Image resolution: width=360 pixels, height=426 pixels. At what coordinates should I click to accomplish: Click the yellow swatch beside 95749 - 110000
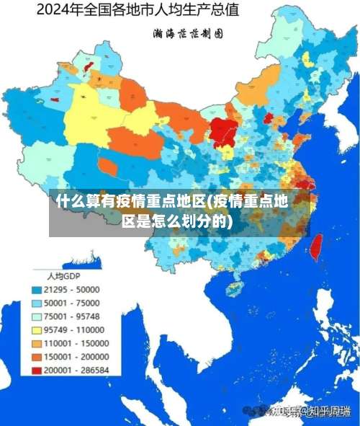(36, 329)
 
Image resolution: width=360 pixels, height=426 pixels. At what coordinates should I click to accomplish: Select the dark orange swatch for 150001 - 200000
(36, 356)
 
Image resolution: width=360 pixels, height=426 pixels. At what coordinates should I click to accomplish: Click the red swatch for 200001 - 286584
(36, 370)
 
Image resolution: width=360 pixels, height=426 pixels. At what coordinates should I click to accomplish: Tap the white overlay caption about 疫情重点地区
(179, 211)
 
